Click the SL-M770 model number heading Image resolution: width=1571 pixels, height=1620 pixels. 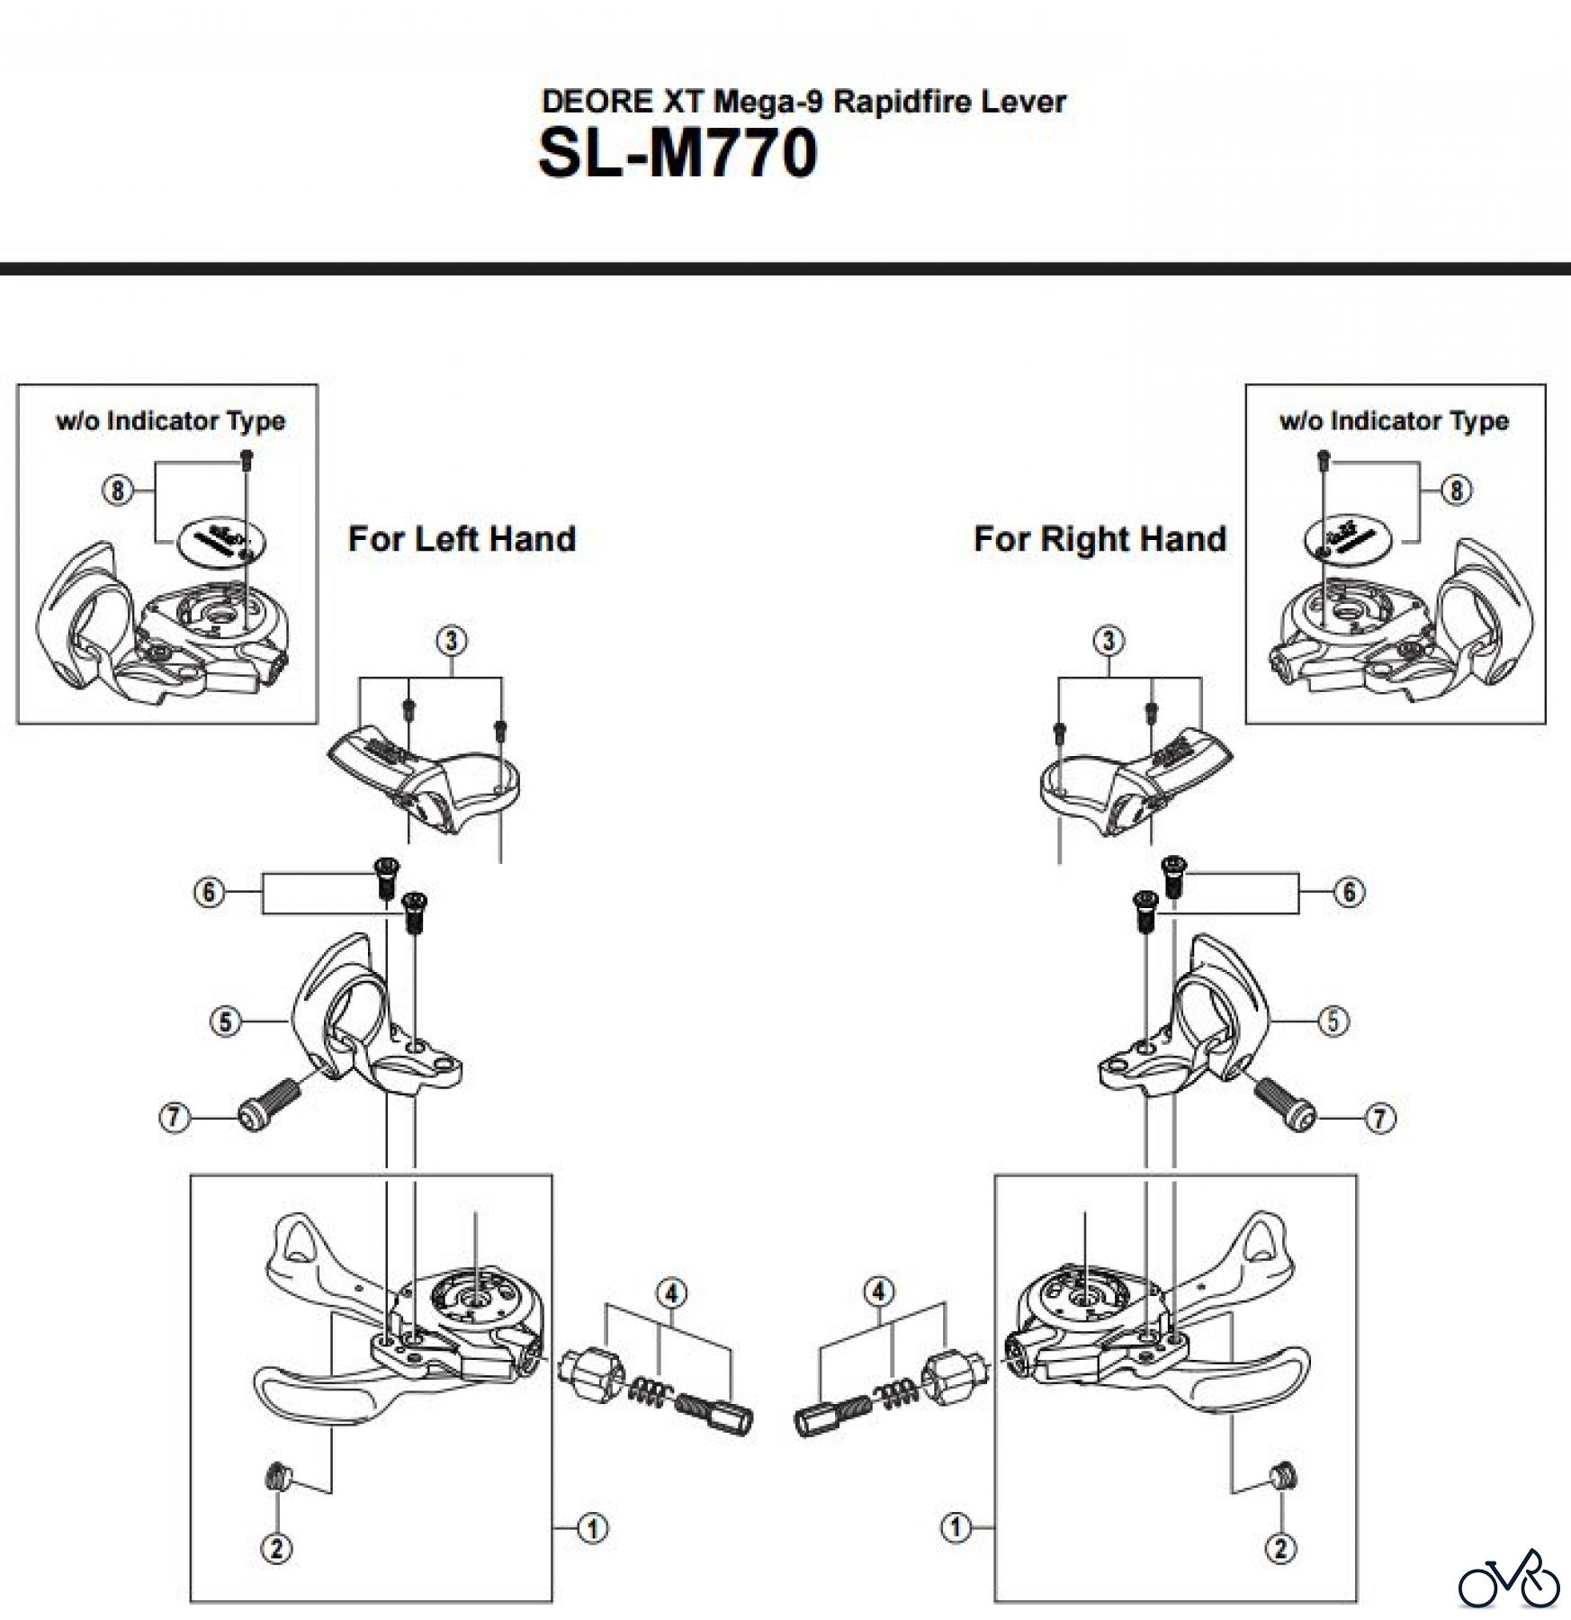[678, 153]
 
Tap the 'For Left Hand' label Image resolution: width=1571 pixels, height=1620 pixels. [462, 538]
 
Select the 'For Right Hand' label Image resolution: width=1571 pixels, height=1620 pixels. [1100, 538]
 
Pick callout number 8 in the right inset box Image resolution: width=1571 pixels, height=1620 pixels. [1456, 490]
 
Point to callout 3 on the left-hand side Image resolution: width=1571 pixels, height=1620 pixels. [451, 641]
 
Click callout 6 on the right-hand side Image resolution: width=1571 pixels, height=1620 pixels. [1349, 893]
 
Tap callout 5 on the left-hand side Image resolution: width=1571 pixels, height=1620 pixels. [225, 1021]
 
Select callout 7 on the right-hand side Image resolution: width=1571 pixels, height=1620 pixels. [1379, 1119]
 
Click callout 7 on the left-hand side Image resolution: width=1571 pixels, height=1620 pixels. [174, 1119]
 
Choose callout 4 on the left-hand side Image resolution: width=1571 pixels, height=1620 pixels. [671, 1293]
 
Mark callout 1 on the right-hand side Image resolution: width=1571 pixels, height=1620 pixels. [956, 1527]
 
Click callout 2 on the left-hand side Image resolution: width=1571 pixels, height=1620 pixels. [276, 1548]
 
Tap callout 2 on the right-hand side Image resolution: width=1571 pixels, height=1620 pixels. [1280, 1548]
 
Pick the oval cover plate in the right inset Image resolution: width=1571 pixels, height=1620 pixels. [1349, 541]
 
